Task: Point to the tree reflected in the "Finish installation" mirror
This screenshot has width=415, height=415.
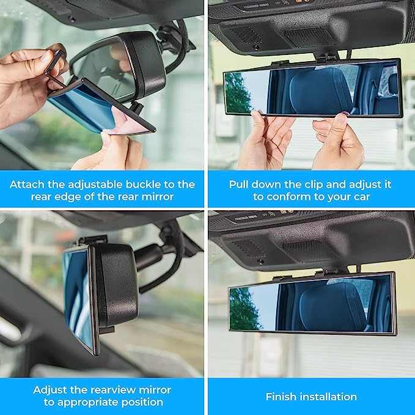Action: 243,308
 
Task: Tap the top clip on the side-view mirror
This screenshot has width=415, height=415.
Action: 93,240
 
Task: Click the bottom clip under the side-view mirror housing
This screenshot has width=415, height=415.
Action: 107,330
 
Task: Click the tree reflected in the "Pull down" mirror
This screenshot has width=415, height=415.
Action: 237,93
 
